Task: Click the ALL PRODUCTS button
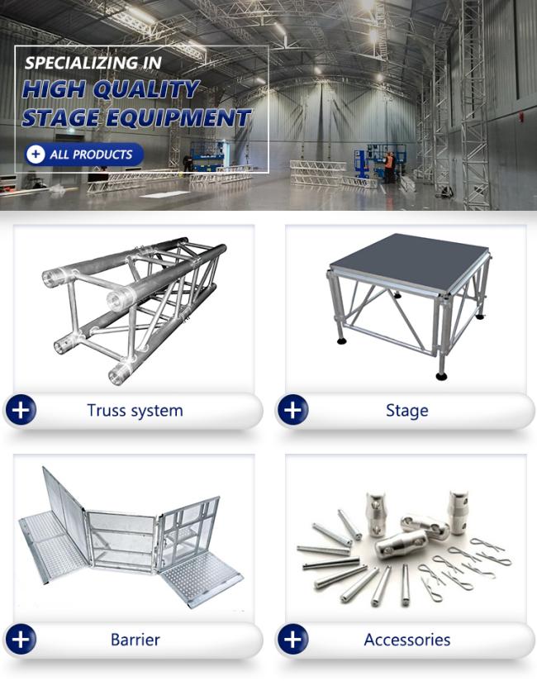[x=84, y=155]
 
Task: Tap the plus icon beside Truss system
[x=21, y=410]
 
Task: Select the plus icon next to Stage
[x=292, y=410]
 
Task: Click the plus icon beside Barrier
[x=21, y=639]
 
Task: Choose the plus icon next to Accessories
[x=292, y=639]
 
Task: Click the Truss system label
[x=135, y=411]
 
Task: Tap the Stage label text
[x=407, y=412]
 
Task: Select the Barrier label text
[x=135, y=640]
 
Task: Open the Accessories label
[x=407, y=640]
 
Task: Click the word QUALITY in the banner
[x=146, y=90]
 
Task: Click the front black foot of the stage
[x=441, y=375]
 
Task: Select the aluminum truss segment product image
[x=134, y=311]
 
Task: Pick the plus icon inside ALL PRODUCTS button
[x=36, y=155]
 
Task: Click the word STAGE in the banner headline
[x=60, y=118]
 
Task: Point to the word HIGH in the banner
[x=54, y=90]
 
